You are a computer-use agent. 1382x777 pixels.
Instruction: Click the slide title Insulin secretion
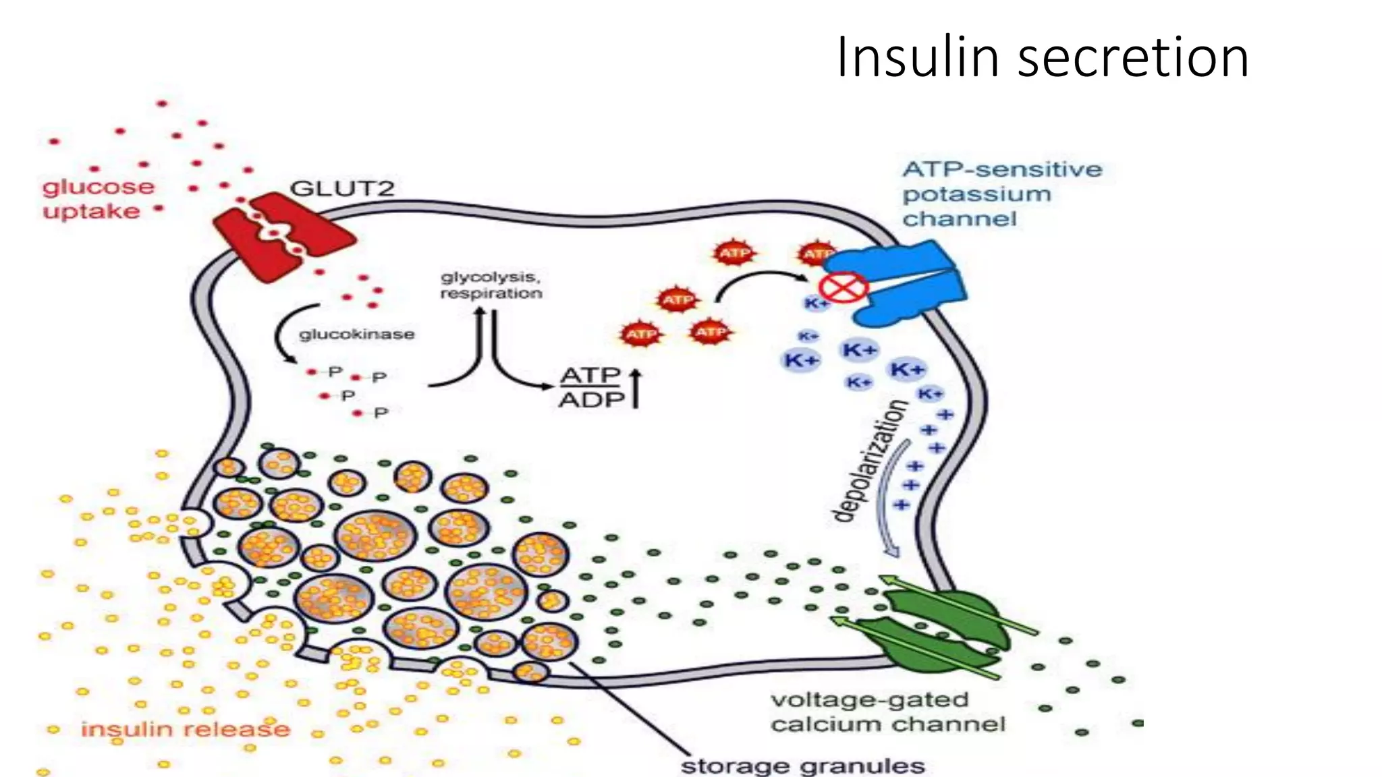click(x=1042, y=57)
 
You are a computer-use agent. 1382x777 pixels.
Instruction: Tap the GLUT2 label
click(x=341, y=188)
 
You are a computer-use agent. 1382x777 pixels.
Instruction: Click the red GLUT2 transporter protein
click(x=283, y=236)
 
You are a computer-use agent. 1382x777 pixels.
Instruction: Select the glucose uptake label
click(x=98, y=199)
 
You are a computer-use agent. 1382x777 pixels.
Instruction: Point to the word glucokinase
click(x=356, y=335)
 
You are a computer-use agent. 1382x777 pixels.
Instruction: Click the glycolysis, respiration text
click(x=491, y=285)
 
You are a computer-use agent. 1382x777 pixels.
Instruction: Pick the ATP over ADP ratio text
click(x=591, y=387)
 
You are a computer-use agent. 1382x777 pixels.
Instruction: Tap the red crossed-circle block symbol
click(x=844, y=288)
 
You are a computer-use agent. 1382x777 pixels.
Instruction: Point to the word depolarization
click(x=870, y=461)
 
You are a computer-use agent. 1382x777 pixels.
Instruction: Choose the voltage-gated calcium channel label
click(x=887, y=712)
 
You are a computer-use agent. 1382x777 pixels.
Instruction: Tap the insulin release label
click(x=185, y=729)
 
